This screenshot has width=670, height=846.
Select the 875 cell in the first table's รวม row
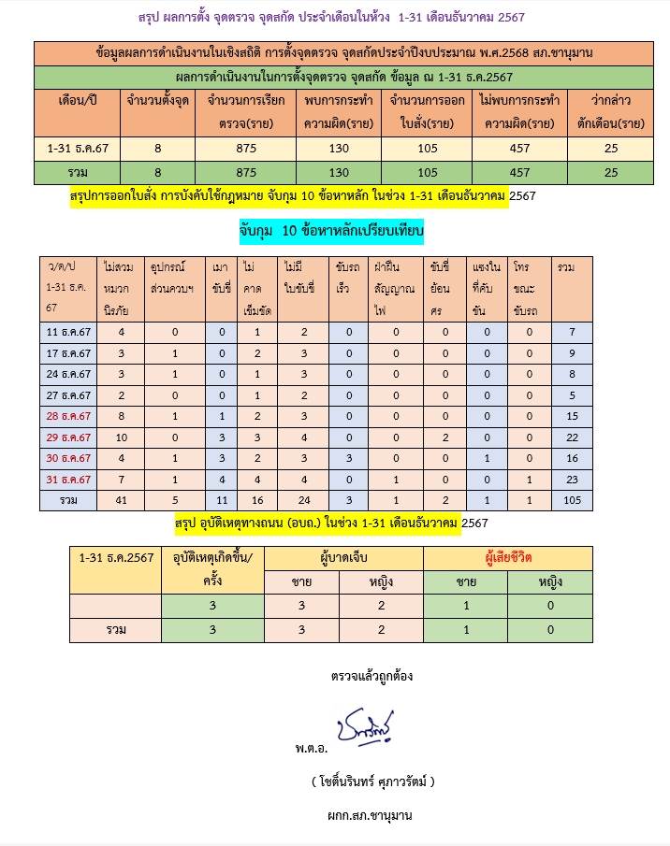point(246,172)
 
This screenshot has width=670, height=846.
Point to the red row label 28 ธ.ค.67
point(68,415)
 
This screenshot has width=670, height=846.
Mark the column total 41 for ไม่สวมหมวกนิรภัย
point(122,500)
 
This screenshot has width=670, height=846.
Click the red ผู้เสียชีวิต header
point(508,557)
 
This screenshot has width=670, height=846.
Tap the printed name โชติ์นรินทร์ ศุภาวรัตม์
point(373,781)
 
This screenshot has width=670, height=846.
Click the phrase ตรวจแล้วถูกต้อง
point(371,675)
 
